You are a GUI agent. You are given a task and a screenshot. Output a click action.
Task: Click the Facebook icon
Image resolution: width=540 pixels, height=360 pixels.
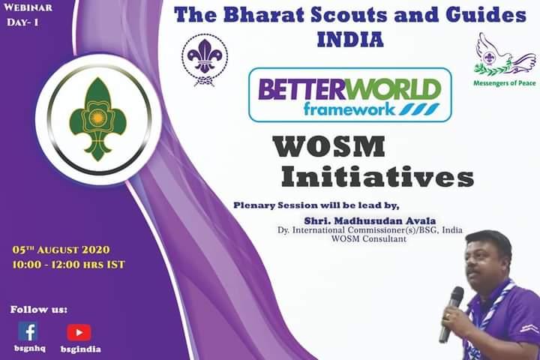point(28,331)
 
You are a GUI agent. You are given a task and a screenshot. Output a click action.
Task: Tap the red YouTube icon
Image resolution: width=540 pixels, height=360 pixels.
point(79,332)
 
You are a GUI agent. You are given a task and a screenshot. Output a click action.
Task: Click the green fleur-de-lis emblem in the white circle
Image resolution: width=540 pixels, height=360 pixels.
point(94,119)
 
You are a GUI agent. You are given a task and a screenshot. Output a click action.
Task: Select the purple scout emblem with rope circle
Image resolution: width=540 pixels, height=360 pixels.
point(205,59)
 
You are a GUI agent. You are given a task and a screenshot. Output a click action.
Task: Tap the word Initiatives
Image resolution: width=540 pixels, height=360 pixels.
point(377,177)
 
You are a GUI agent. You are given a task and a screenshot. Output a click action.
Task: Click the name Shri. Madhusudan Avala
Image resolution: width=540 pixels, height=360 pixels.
point(358,219)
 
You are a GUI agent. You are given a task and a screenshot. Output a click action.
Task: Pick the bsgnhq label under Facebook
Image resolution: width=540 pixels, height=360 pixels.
point(28,349)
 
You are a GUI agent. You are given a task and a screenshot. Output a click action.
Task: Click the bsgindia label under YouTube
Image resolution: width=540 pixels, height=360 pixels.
point(80,349)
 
